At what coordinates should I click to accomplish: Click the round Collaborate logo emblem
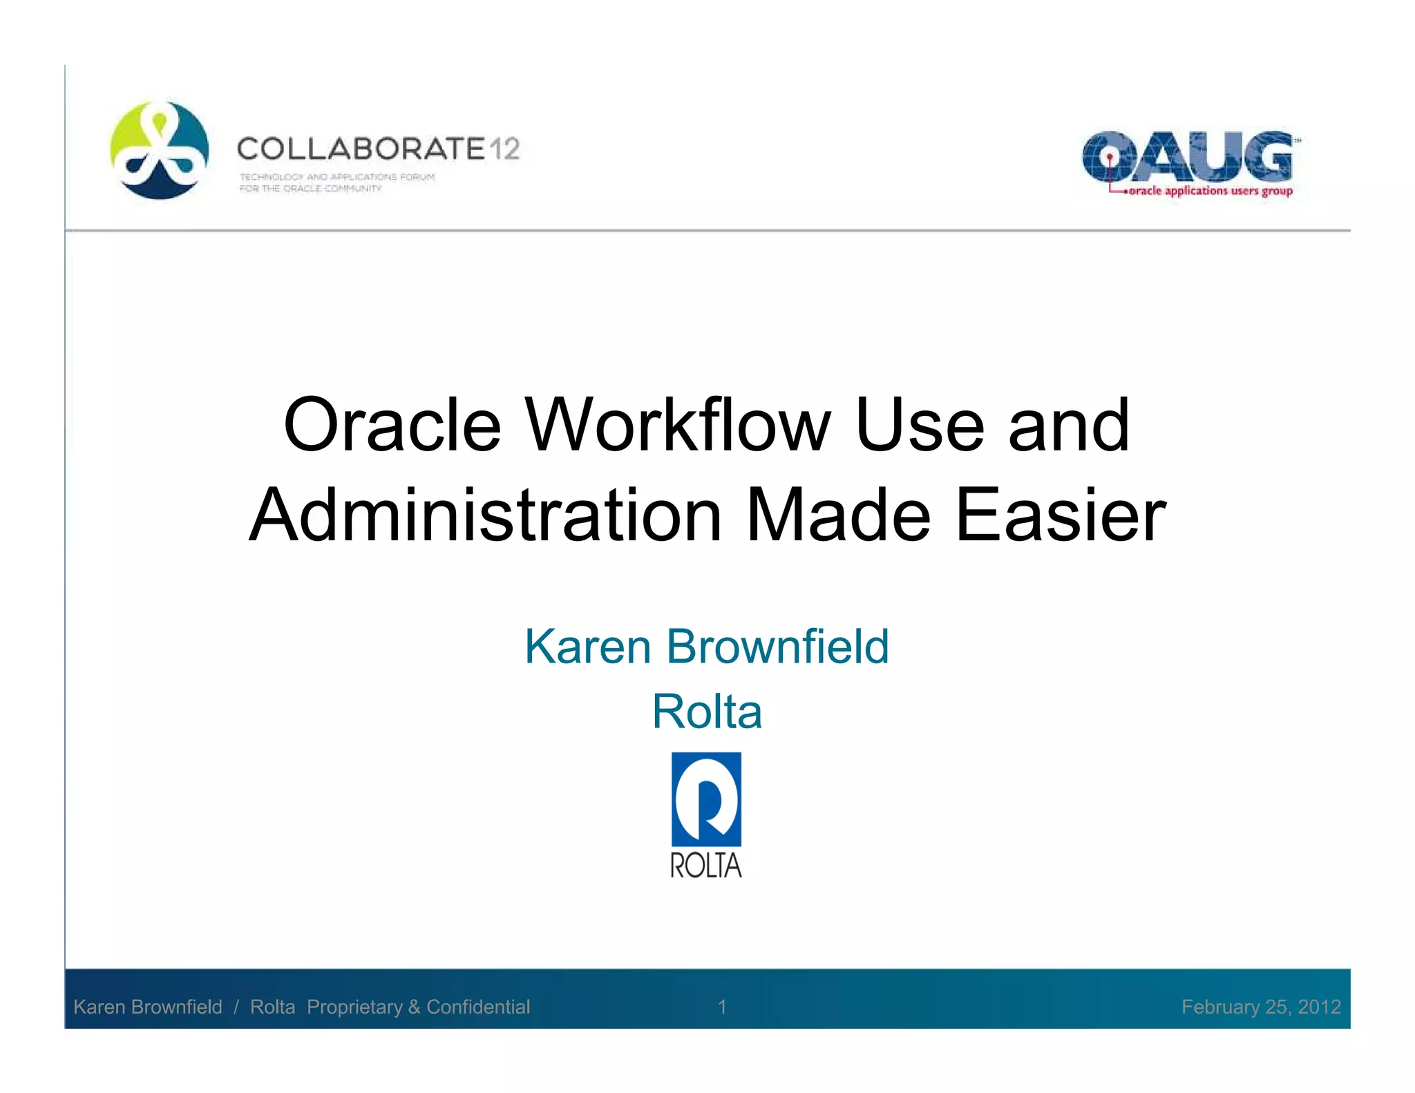tap(160, 150)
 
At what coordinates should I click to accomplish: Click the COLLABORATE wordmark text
tap(361, 149)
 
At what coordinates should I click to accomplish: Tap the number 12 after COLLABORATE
tap(504, 149)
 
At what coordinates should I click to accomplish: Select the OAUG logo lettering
tap(1187, 157)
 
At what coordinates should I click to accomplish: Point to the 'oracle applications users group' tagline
tap(1210, 191)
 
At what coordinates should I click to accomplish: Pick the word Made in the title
tap(839, 515)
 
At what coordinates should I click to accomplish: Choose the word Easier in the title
tap(1061, 515)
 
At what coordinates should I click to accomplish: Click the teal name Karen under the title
tap(588, 647)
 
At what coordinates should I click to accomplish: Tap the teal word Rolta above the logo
tap(707, 712)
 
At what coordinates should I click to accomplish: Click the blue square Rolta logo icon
tap(706, 799)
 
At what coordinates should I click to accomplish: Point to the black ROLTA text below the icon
tap(706, 865)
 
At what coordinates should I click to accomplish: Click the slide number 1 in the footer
tap(722, 1007)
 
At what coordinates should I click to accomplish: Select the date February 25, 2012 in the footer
tap(1261, 1007)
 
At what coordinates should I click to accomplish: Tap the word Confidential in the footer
tap(478, 1007)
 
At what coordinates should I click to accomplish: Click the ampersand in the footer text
tap(414, 1007)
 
